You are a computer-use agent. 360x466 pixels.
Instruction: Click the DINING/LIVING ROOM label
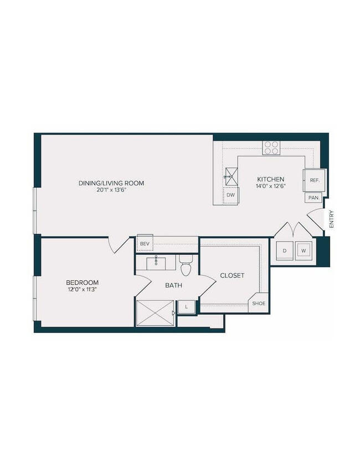click(x=111, y=183)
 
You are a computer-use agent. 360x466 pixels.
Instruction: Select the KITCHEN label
click(x=270, y=179)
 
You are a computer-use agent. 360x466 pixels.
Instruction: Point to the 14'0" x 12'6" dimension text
click(x=270, y=186)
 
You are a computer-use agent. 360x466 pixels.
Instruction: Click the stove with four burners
click(x=271, y=147)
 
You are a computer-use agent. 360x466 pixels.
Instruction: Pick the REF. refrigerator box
click(x=314, y=180)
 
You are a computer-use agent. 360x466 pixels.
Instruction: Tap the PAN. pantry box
click(x=313, y=197)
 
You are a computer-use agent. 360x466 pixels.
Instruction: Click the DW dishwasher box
click(x=231, y=195)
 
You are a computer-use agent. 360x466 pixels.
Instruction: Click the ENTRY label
click(x=331, y=218)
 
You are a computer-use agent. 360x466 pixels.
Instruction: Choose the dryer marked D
click(x=285, y=250)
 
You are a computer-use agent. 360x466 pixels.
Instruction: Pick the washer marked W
click(x=304, y=250)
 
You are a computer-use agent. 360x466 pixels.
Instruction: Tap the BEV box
click(x=145, y=243)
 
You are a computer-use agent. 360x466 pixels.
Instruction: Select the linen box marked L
click(x=186, y=306)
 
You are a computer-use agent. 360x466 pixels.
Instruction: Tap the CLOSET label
click(x=232, y=275)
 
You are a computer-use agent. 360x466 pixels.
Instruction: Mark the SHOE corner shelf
click(x=259, y=303)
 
